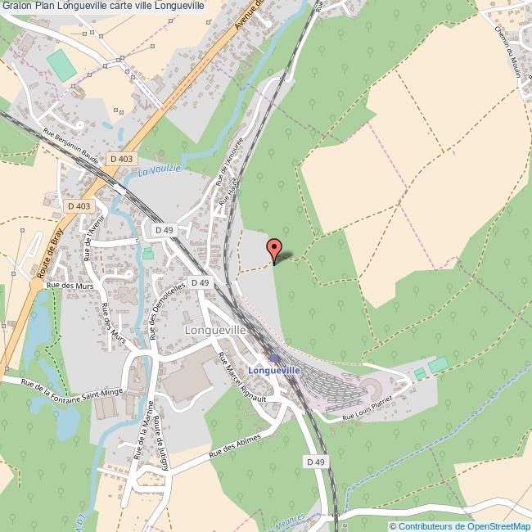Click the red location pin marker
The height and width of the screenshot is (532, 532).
[x=273, y=249]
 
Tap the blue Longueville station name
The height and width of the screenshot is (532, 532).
[x=274, y=371]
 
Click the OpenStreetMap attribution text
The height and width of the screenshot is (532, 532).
[x=460, y=525]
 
